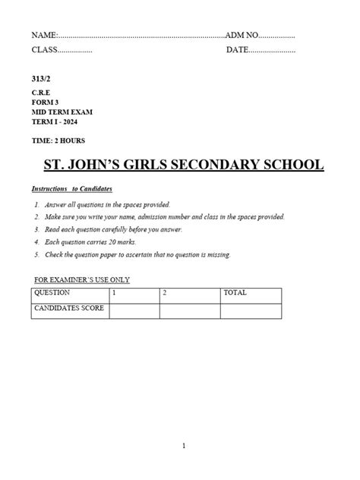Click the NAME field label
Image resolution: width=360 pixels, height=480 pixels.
pos(44,36)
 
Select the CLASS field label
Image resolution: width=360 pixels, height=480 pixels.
pos(45,50)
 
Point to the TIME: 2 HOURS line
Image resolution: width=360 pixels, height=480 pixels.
pos(58,141)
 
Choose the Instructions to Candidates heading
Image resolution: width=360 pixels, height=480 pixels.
pos(71,188)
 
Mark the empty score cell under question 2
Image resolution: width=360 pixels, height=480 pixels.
pos(189,310)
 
